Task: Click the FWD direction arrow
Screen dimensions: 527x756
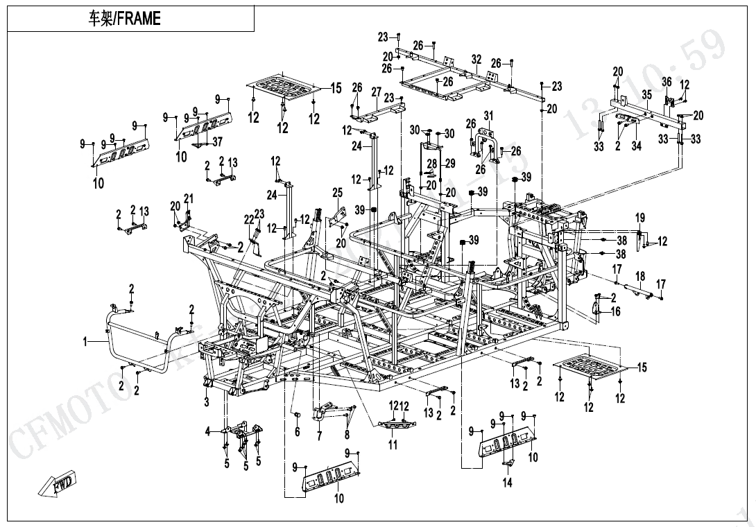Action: coord(59,483)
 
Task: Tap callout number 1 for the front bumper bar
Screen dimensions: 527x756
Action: coord(86,341)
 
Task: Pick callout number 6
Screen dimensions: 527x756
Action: coord(297,432)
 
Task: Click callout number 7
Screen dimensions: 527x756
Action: coord(319,435)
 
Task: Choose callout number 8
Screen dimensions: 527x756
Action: coord(346,435)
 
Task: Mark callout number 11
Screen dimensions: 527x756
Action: coord(393,444)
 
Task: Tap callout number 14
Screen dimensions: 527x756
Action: coord(508,483)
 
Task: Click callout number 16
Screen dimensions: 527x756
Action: coord(616,312)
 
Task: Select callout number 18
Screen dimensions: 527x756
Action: coord(640,277)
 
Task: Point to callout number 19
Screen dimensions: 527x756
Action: coord(640,218)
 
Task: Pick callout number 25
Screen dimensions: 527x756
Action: coord(338,192)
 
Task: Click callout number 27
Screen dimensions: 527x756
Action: coord(377,92)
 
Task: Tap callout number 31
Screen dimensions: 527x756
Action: coord(488,115)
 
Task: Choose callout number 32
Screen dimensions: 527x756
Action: coord(476,60)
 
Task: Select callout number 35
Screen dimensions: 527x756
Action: coord(646,94)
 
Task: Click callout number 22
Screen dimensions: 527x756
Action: coord(248,219)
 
